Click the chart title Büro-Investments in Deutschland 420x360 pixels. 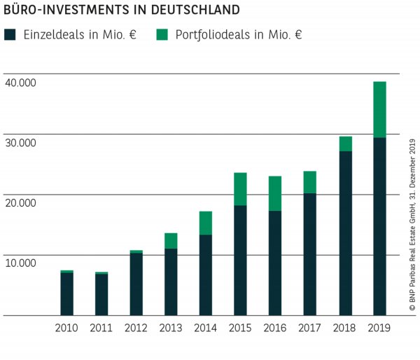pyautogui.click(x=121, y=11)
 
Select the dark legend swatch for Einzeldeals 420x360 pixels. pyautogui.click(x=11, y=34)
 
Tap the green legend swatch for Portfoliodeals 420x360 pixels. pyautogui.click(x=162, y=34)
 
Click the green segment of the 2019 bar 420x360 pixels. pyautogui.click(x=379, y=109)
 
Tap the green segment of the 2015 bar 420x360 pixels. pyautogui.click(x=240, y=188)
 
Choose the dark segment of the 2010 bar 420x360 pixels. pyautogui.click(x=66, y=294)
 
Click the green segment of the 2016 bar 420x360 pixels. pyautogui.click(x=275, y=193)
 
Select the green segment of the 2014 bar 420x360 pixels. pyautogui.click(x=205, y=223)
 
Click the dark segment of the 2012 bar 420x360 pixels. pyautogui.click(x=136, y=284)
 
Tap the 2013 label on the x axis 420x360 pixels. pyautogui.click(x=171, y=328)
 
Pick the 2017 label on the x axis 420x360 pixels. pyautogui.click(x=310, y=328)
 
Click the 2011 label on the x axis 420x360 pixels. pyautogui.click(x=101, y=328)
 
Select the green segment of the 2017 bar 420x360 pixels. pyautogui.click(x=310, y=182)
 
